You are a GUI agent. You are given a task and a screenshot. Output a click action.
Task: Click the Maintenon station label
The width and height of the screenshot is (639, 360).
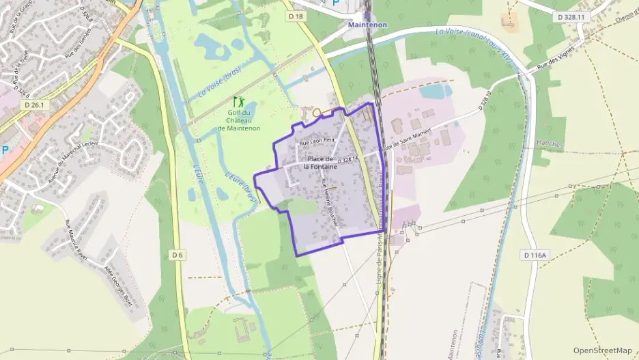click(367, 25)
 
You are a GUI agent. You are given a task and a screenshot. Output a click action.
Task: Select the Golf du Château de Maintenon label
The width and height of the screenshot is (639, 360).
click(239, 120)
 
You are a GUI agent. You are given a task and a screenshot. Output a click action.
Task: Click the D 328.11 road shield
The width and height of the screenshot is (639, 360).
click(571, 16)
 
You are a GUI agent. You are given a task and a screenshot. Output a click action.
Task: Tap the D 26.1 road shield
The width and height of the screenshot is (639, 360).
click(33, 105)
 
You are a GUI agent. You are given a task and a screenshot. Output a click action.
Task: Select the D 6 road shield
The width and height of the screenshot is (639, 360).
click(177, 255)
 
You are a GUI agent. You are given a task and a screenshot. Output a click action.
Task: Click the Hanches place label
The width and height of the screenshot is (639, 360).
click(550, 145)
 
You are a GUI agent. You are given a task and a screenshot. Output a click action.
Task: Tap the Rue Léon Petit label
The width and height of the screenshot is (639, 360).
click(317, 141)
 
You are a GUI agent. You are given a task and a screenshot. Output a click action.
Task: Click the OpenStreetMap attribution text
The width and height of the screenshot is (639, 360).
click(603, 350)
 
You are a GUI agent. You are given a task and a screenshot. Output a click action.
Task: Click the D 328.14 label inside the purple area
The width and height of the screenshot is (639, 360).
click(347, 159)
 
